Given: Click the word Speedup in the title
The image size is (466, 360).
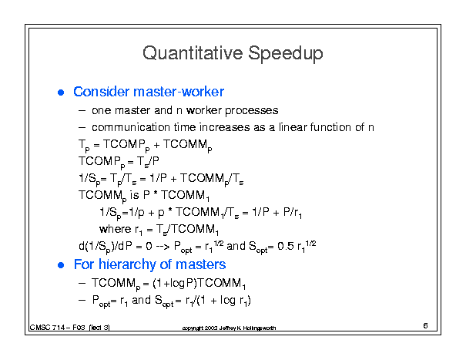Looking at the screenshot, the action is [x=286, y=54].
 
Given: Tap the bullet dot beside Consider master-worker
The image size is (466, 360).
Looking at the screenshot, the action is [x=61, y=93].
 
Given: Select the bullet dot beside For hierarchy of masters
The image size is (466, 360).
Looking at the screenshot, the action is [x=61, y=265].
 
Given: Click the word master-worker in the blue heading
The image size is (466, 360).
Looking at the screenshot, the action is [x=179, y=92].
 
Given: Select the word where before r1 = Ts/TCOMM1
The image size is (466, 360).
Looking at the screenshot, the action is [x=116, y=229].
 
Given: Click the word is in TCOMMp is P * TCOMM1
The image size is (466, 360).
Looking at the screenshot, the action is [x=134, y=195].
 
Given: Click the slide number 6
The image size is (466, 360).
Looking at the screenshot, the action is [x=425, y=326].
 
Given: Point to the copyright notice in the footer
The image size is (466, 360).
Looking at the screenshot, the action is [x=229, y=328].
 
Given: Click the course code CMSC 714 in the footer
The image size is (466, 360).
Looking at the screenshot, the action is [x=47, y=328].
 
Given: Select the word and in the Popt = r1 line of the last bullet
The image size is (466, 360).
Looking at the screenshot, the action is [x=141, y=300].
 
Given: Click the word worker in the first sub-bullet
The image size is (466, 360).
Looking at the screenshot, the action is [x=204, y=111].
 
